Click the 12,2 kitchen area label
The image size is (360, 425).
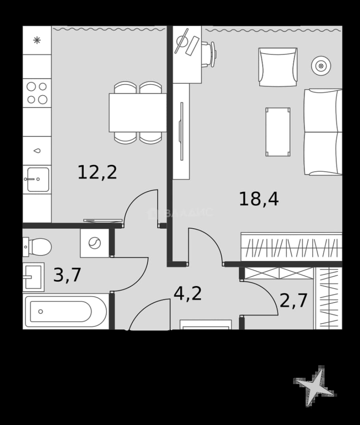tap(97, 172)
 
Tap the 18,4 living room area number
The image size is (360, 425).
tap(258, 199)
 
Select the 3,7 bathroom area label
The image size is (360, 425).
tap(67, 275)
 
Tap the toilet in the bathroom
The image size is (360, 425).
tap(37, 247)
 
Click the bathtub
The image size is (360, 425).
tap(66, 312)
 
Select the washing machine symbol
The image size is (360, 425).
tap(95, 243)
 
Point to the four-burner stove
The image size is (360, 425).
tap(37, 93)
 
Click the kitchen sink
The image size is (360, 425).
tap(37, 179)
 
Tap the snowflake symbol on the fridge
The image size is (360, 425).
tap(37, 41)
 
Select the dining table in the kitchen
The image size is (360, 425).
tap(138, 113)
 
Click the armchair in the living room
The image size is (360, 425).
tap(278, 67)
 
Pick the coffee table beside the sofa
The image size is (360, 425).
tap(278, 132)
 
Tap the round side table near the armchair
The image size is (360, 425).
tap(321, 66)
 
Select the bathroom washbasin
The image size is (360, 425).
tap(33, 277)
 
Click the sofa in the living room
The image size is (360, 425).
tap(323, 132)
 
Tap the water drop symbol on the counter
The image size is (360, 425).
tap(37, 151)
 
